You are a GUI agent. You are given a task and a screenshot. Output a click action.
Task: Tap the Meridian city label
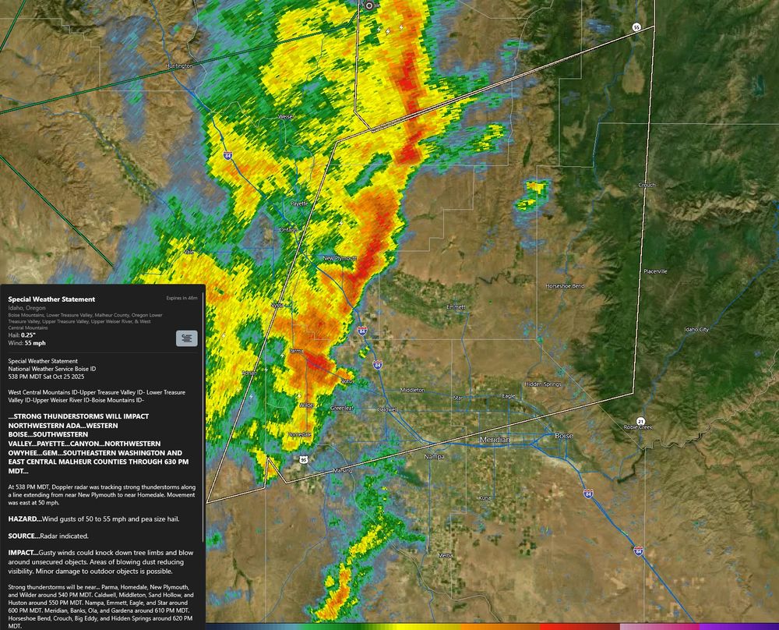[x=495, y=440]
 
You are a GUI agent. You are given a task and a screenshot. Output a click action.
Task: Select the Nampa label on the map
[x=433, y=456]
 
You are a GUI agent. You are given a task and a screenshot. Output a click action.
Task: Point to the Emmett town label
[x=455, y=307]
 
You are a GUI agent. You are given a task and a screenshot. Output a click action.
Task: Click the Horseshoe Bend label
[x=565, y=286]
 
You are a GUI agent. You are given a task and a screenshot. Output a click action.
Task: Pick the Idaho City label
[x=696, y=330]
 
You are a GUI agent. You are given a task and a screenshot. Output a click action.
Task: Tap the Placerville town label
[x=655, y=271]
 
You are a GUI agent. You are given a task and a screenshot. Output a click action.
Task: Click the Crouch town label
[x=647, y=186]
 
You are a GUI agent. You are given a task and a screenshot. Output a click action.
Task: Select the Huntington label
[x=180, y=66]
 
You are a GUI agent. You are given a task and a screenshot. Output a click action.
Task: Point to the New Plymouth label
[x=340, y=258]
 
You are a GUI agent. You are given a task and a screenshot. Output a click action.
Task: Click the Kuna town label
[x=485, y=497]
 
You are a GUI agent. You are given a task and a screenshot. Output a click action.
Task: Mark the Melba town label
[x=446, y=555]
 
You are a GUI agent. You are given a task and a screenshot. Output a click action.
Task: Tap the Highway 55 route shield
[x=636, y=27]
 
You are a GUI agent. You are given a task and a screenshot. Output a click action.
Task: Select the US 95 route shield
[x=303, y=460]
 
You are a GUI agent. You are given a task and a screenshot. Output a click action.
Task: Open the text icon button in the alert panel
[x=187, y=338]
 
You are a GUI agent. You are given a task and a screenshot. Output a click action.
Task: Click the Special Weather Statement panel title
[x=51, y=299]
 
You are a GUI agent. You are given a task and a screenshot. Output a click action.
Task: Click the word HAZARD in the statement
[x=23, y=519]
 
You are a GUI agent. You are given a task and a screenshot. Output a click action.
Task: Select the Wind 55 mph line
[x=27, y=342]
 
